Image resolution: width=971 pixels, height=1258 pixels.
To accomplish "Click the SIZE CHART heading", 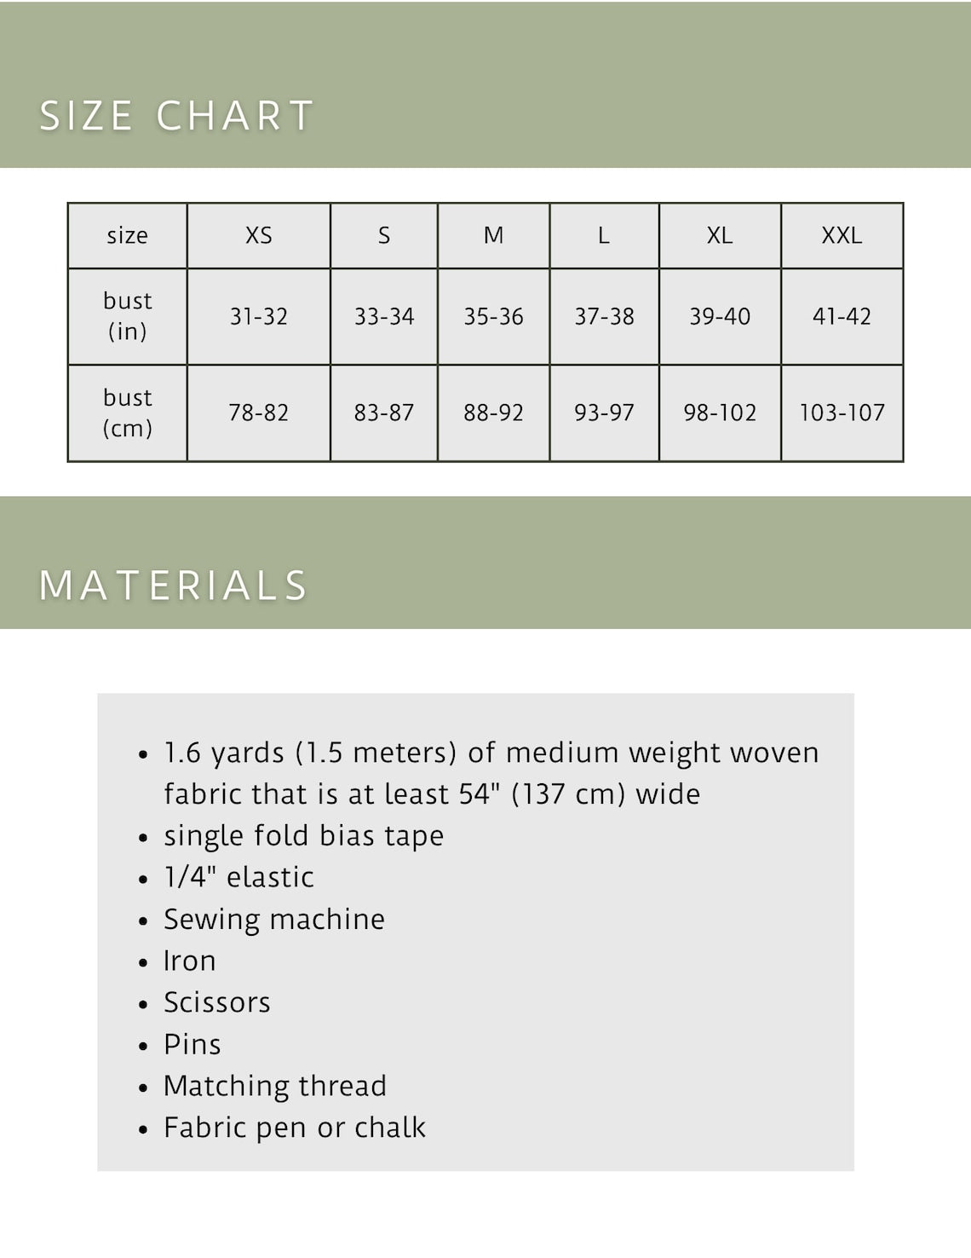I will click(176, 116).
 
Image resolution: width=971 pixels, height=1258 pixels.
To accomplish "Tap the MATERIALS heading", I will click(173, 586).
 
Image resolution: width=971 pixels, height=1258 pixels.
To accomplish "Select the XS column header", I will click(259, 235).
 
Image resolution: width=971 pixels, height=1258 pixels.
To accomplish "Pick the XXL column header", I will click(842, 235).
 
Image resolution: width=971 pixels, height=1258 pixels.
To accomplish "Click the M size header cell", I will click(493, 235).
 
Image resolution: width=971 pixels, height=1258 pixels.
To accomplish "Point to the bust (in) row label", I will click(127, 316).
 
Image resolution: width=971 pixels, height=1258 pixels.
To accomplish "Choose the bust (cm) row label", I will click(127, 413).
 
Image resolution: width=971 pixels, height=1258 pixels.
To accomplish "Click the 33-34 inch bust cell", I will click(384, 317).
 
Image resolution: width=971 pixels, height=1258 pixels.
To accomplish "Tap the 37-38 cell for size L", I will click(604, 317).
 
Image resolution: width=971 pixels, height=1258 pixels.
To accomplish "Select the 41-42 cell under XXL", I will click(842, 317).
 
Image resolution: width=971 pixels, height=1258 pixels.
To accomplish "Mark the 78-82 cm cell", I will click(259, 413).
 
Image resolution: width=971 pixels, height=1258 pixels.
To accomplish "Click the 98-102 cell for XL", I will click(720, 413).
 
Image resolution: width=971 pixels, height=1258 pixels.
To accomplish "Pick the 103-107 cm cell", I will click(842, 413).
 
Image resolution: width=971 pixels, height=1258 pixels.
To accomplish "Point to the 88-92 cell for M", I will click(493, 413).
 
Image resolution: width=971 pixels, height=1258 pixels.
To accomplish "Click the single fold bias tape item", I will click(303, 836).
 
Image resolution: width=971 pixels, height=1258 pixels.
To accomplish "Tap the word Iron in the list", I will click(189, 961).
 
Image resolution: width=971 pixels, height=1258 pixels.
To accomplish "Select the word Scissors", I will click(217, 1003).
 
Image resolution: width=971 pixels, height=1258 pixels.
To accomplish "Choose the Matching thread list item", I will click(275, 1086).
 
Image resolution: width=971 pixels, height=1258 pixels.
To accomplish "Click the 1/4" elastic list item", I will click(238, 878).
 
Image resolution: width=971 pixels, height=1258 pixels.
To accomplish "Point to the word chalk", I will click(390, 1128).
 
